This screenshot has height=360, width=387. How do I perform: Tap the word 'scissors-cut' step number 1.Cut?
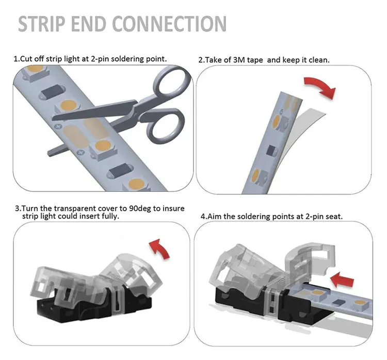point(26,59)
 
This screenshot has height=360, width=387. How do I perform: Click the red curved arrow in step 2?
point(319,86)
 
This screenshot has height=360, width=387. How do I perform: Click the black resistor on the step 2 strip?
point(270,151)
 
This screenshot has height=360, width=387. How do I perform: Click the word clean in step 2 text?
point(318,60)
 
